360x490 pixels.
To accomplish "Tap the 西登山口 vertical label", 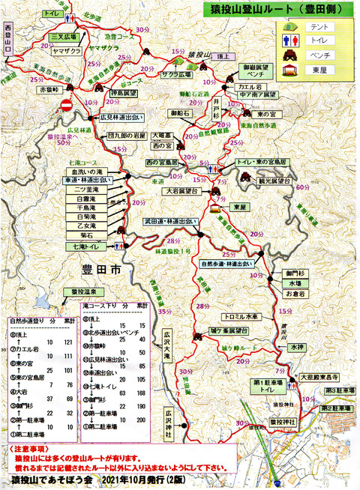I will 10,37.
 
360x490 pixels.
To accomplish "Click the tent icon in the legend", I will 288,26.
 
